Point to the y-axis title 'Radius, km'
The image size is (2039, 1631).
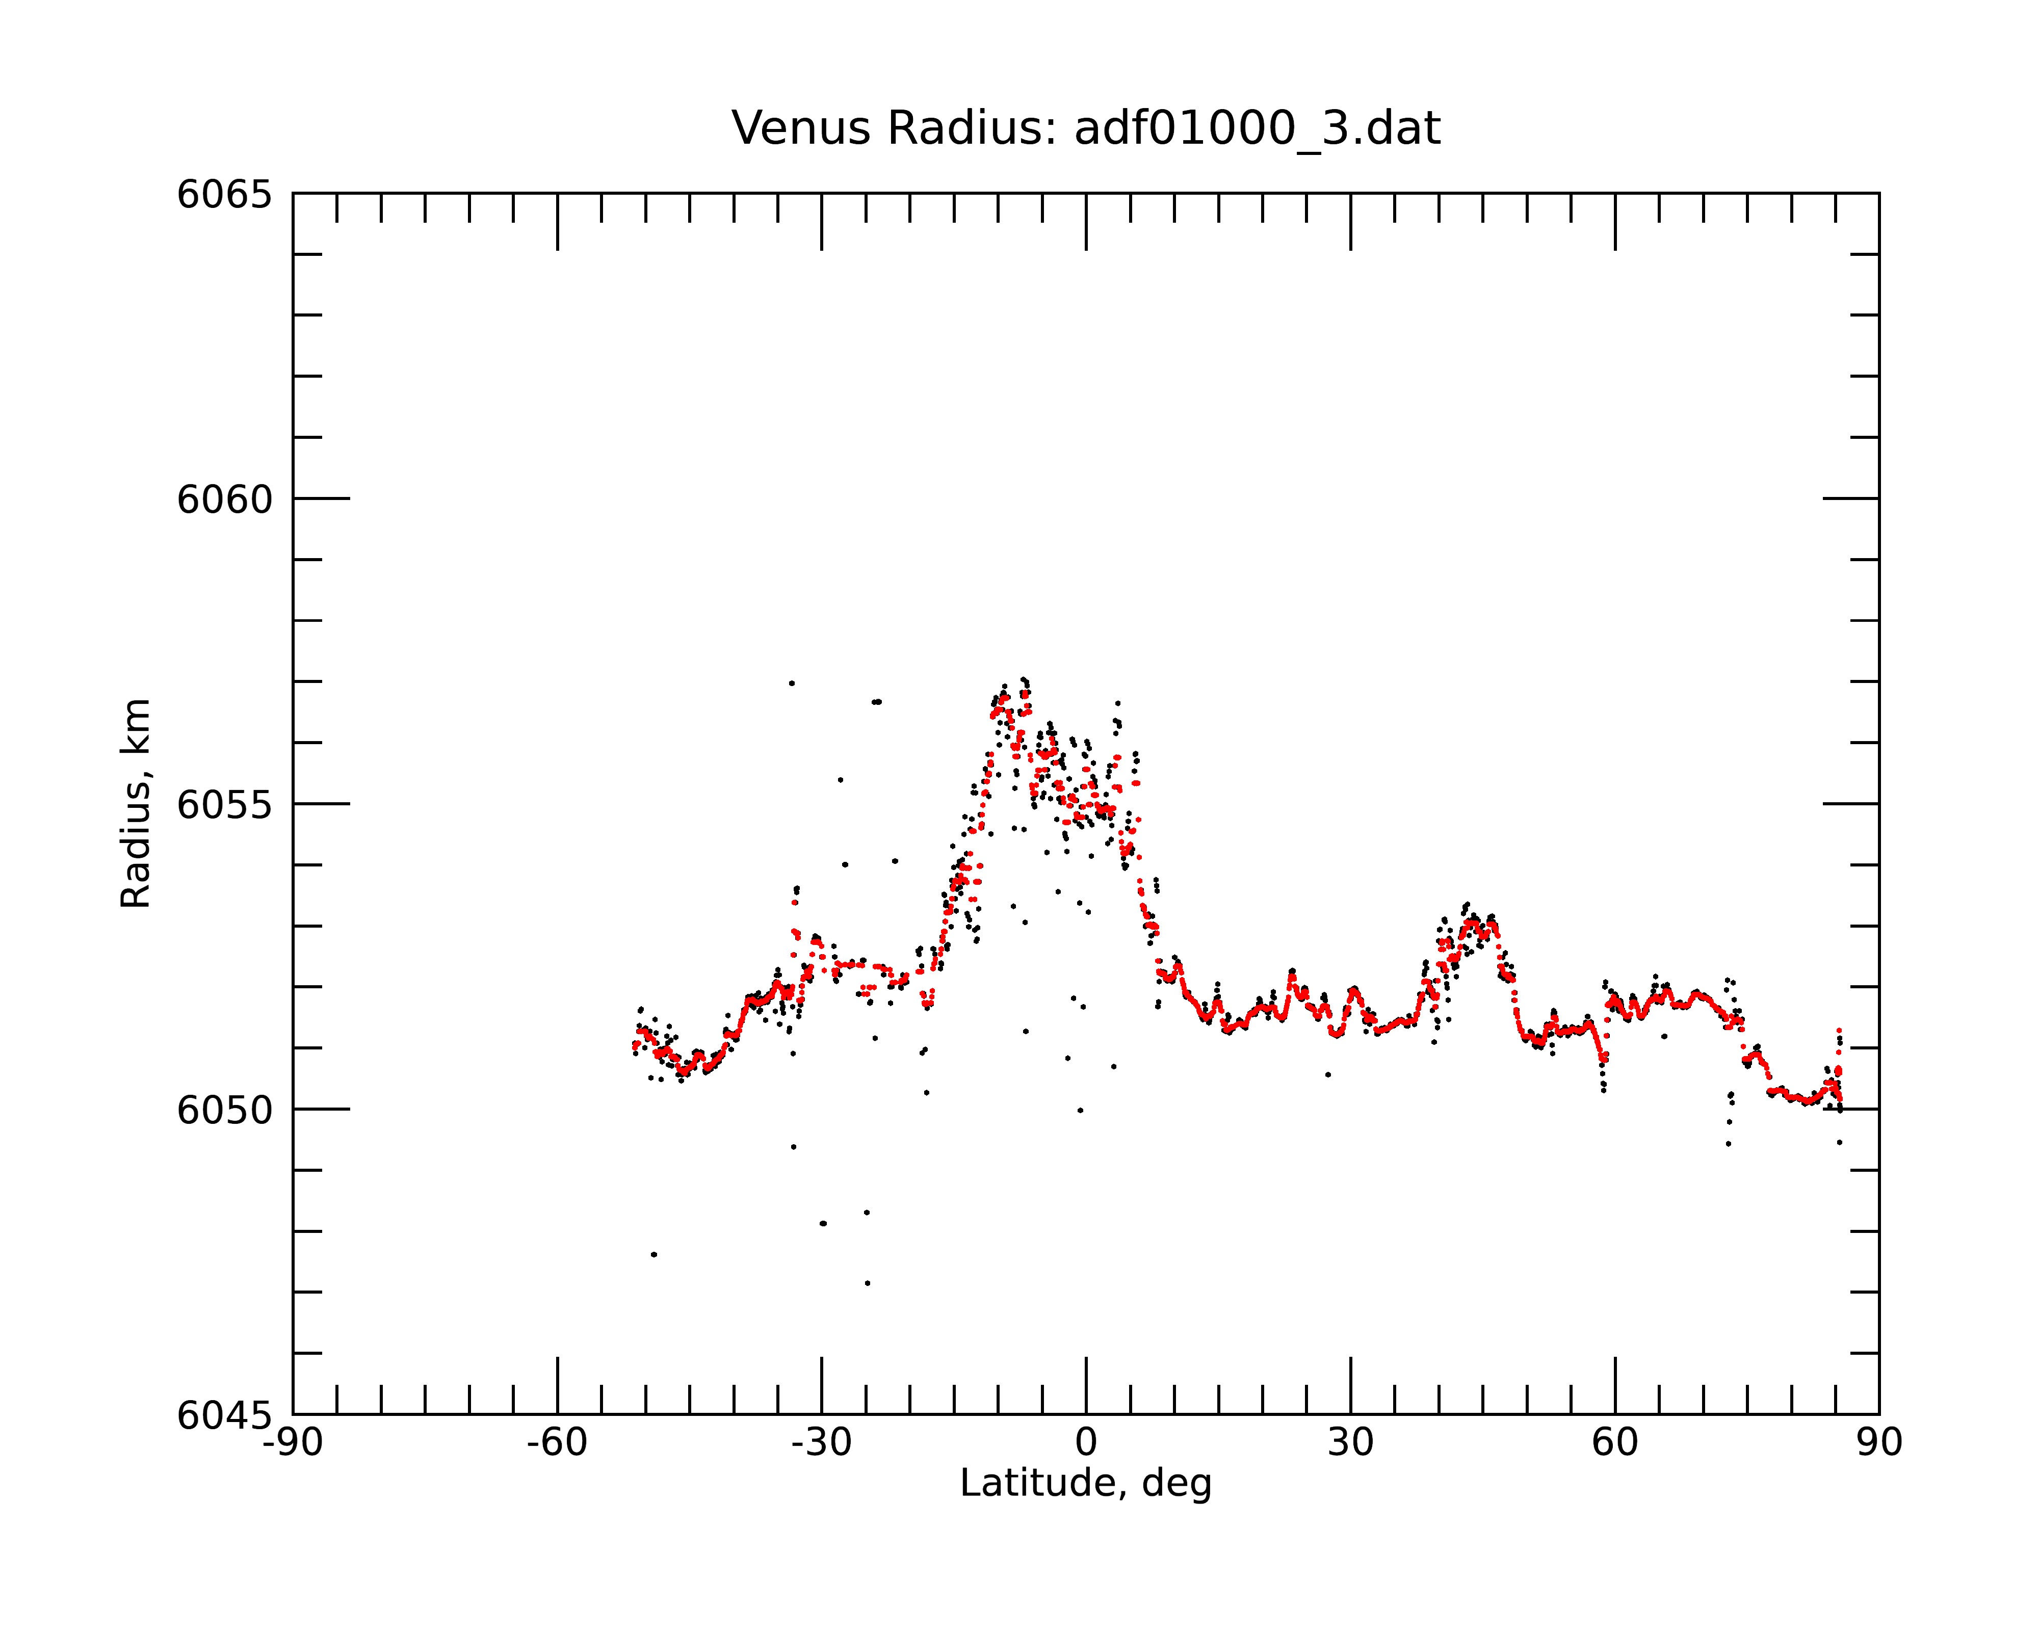(135, 804)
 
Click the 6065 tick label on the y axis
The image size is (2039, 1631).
(224, 195)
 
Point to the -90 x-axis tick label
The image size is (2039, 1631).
(293, 1443)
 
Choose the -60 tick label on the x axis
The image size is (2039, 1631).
(557, 1443)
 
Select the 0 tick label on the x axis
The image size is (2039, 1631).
(1086, 1443)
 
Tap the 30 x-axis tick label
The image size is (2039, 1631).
(1350, 1443)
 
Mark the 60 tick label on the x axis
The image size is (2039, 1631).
(1614, 1443)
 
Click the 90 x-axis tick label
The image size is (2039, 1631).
(1879, 1443)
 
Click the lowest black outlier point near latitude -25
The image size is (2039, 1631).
(867, 1283)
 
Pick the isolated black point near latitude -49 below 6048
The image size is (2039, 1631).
(653, 1255)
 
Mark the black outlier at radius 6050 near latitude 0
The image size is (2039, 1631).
(1080, 1111)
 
